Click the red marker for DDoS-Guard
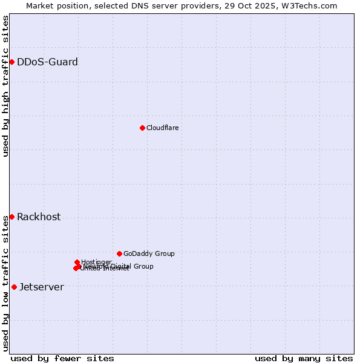(x=11, y=62)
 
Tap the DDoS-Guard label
(x=47, y=62)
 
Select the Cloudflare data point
(x=142, y=128)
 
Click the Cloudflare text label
(x=162, y=128)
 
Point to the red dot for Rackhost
(x=11, y=217)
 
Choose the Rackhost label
(x=39, y=217)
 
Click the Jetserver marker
(x=14, y=287)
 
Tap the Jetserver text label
(x=41, y=287)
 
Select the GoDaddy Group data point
(x=119, y=253)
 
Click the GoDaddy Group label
(x=149, y=253)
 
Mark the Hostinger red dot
(x=77, y=262)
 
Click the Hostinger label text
(x=96, y=262)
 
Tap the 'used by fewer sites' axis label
(x=62, y=358)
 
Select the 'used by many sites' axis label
(x=304, y=358)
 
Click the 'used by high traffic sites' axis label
(x=5, y=86)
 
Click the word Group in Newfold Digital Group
(x=143, y=266)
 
